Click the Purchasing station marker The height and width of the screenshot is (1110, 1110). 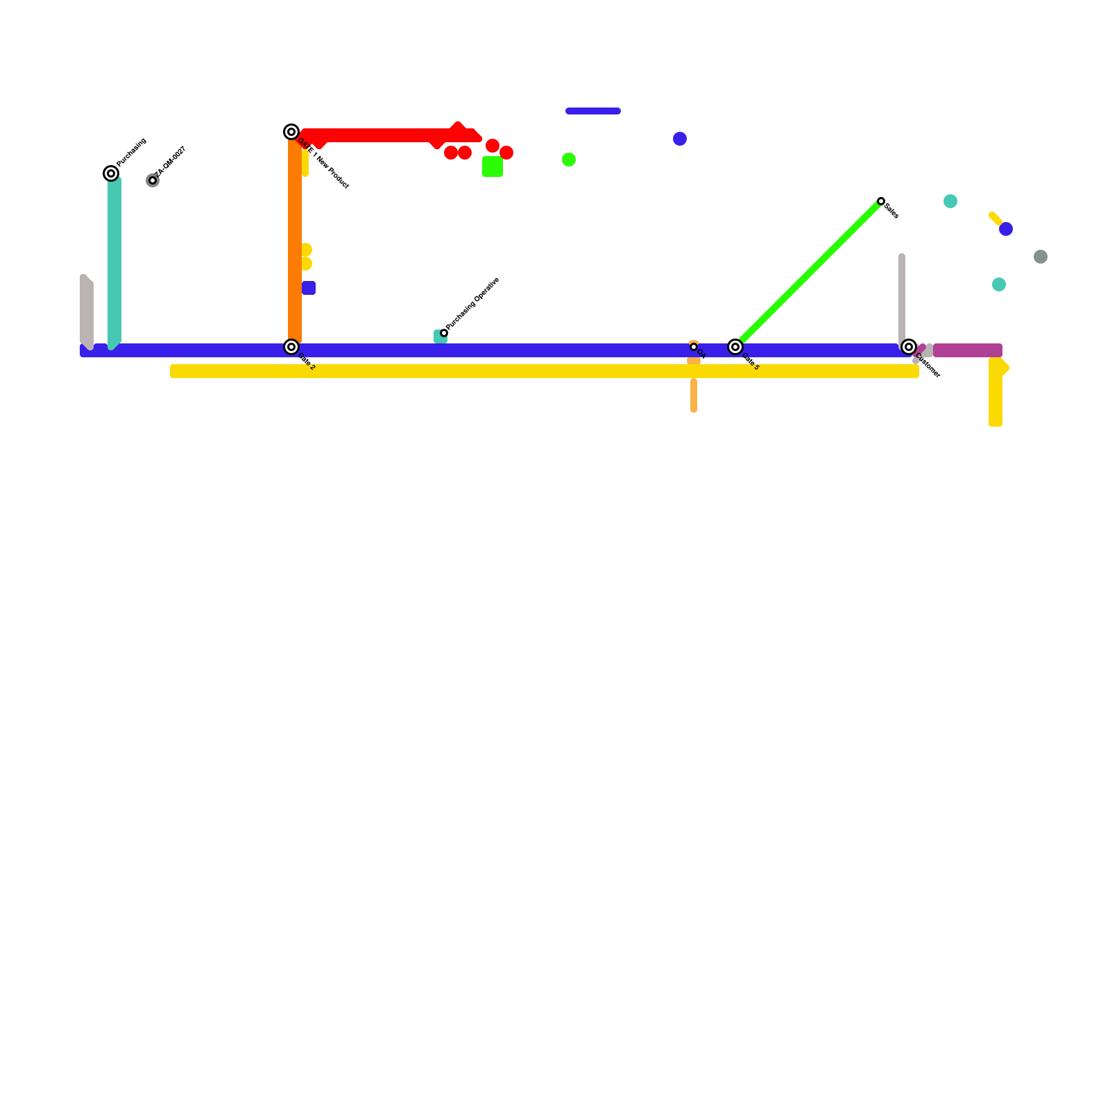[111, 173]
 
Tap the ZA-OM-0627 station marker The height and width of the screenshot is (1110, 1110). [153, 180]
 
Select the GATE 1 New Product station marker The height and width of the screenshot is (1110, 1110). [291, 132]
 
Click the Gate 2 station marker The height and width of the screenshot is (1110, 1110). [291, 347]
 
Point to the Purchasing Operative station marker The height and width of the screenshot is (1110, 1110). [444, 333]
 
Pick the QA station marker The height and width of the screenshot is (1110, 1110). [694, 347]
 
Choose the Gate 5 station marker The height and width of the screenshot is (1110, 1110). [735, 347]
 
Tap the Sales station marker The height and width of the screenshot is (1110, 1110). [881, 201]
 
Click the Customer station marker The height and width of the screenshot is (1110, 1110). [909, 347]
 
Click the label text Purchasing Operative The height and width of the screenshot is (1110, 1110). [473, 303]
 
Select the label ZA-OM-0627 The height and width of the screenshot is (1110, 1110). [171, 161]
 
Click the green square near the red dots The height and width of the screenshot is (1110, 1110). [493, 166]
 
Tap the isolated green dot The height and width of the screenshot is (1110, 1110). [569, 160]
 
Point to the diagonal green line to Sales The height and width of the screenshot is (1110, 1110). [808, 274]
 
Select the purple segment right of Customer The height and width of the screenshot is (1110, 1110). [968, 350]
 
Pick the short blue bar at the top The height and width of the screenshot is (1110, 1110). [593, 111]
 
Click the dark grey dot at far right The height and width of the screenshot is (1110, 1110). [1041, 257]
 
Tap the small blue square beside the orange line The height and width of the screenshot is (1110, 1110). [309, 288]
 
